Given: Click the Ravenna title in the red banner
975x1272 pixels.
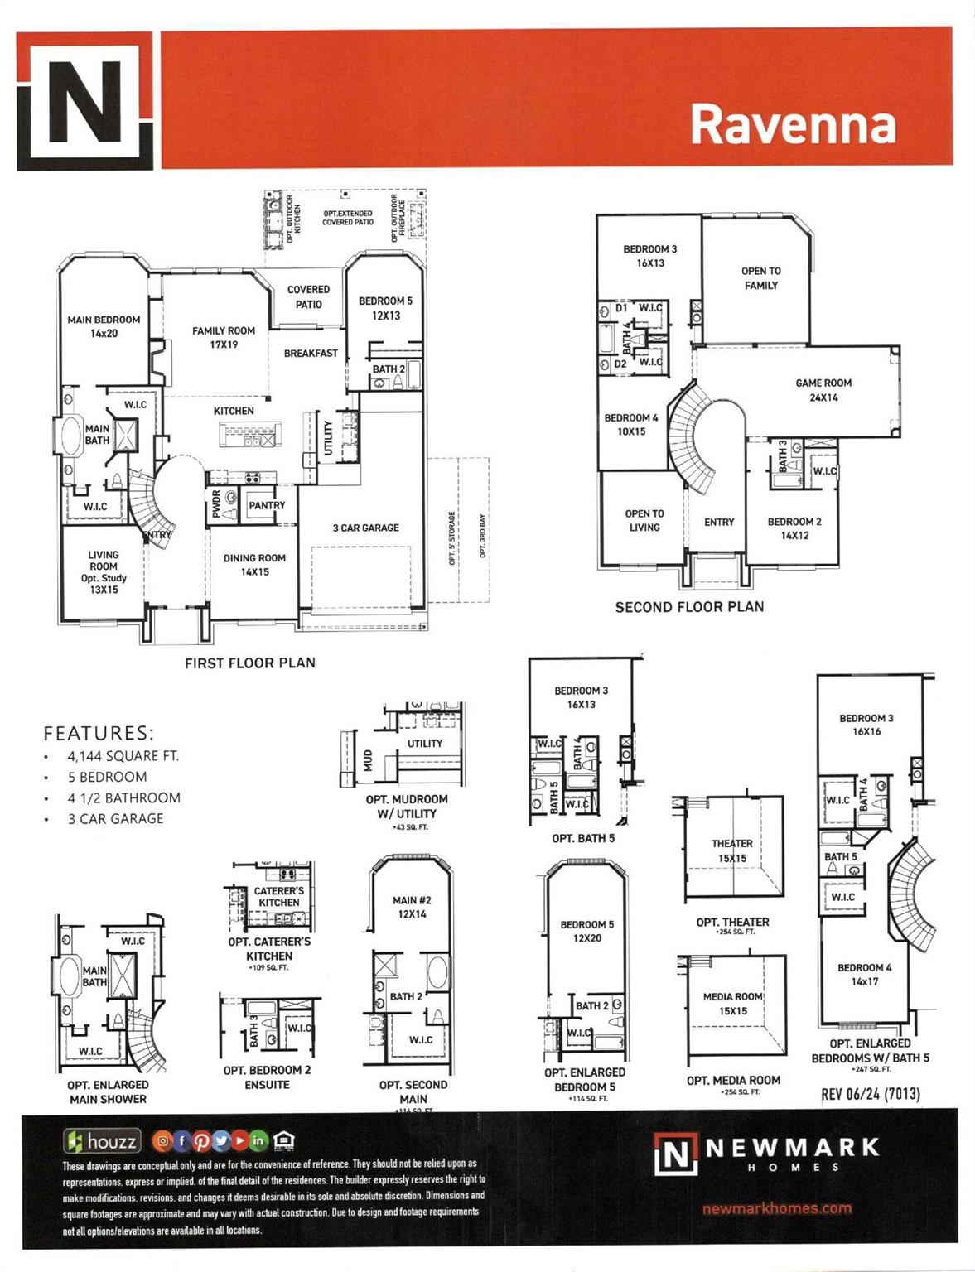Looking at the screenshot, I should tap(793, 124).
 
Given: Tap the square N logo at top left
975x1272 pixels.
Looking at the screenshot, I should tap(84, 101).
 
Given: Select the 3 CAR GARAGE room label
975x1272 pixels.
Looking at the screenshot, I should tap(365, 528).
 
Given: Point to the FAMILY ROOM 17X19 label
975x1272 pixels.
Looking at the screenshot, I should tap(224, 337).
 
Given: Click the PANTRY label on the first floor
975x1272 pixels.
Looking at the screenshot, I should tap(267, 505).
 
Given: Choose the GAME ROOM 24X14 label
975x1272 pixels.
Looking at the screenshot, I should tap(823, 390).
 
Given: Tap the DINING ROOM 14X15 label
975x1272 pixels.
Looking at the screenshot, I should tap(254, 565).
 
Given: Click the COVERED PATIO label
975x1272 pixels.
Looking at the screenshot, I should tap(308, 296).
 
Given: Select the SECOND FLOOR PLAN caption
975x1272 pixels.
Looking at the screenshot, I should tap(689, 607).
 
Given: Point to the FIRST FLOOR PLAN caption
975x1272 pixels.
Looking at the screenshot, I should tap(249, 662).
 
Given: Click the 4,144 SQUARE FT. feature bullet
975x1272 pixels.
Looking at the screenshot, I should tap(123, 755).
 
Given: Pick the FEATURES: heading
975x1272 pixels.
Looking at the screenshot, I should tap(99, 733).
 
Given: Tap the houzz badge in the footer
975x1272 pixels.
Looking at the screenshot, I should tap(103, 1141).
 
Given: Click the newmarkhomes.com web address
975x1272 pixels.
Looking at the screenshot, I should tap(776, 1208).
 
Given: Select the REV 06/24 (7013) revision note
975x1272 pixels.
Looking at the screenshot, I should tap(870, 1094).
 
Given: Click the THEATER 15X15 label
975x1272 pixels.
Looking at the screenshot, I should tap(732, 850).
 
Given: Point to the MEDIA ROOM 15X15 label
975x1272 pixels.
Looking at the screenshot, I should tap(732, 1004).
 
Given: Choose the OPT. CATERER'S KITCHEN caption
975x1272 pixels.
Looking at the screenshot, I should tap(269, 948).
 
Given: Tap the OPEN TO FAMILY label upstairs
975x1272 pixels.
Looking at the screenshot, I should tap(760, 278).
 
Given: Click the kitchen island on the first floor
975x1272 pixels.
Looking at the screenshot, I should tap(250, 435).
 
